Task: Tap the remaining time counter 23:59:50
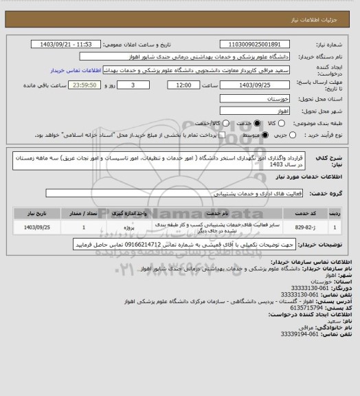85,85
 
